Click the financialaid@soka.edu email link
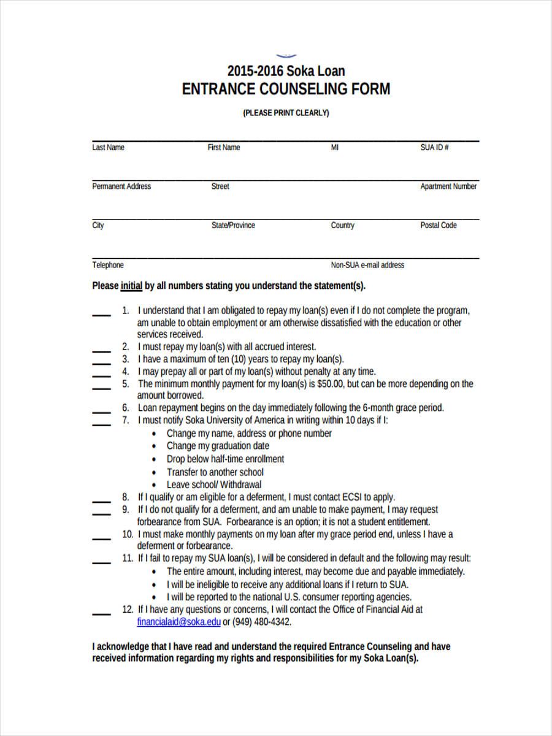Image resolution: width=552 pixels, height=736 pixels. pos(178,621)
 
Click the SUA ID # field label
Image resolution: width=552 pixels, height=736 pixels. pos(434,148)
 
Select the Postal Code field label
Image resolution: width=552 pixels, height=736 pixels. pos(439,225)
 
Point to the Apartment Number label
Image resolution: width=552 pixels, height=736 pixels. pos(448,186)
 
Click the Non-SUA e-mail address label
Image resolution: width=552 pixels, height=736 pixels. pos(367,265)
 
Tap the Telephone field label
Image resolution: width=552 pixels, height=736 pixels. pos(108,265)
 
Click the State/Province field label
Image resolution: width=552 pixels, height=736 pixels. pos(233,225)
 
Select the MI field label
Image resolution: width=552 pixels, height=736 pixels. pos(335,148)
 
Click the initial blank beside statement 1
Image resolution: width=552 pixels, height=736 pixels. pos(101,315)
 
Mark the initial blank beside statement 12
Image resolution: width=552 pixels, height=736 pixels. pos(101,613)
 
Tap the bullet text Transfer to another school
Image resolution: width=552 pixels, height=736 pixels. pos(215,472)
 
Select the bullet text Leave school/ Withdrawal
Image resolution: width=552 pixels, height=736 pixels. pos(213,485)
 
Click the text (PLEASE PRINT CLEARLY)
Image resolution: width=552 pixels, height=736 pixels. pos(286,113)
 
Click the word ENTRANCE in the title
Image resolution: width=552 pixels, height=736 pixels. pos(218,89)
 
